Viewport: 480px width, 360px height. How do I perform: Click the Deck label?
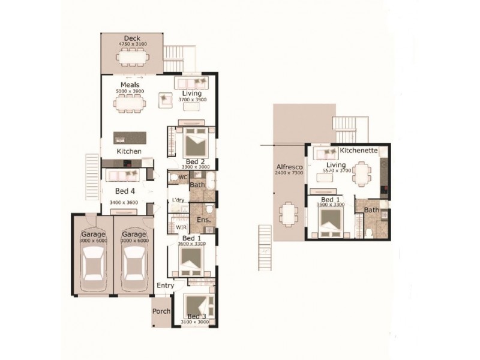click(132, 38)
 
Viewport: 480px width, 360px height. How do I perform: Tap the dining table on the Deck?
click(132, 58)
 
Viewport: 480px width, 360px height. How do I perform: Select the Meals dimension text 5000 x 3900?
click(130, 92)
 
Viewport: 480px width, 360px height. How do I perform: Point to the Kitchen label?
click(129, 151)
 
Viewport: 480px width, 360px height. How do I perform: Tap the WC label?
click(183, 177)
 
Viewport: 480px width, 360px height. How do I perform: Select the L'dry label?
click(178, 199)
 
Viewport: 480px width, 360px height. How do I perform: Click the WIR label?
click(180, 227)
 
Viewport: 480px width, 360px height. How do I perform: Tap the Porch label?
click(161, 311)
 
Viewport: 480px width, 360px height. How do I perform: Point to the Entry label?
click(166, 286)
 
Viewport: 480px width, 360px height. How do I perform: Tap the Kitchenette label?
click(358, 150)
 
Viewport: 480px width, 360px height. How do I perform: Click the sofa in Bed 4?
click(122, 176)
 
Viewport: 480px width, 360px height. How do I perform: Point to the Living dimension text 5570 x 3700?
click(338, 171)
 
